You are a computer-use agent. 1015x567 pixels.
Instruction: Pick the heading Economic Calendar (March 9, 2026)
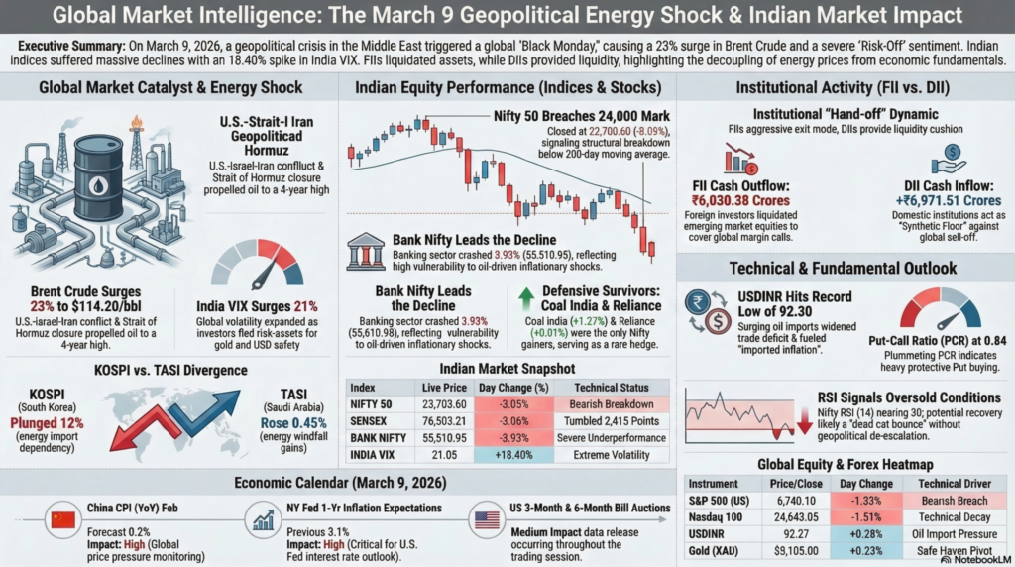[x=340, y=483]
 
